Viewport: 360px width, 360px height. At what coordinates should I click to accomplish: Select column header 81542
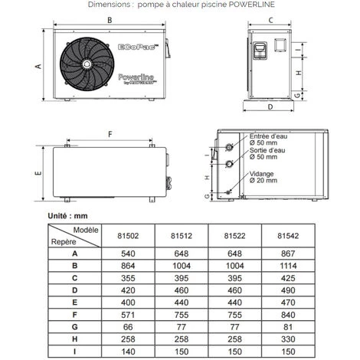click(287, 235)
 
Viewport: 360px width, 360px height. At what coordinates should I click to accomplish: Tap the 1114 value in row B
click(287, 264)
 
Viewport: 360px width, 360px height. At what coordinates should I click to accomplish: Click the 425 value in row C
click(287, 277)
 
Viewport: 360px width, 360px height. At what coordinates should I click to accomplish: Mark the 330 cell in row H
click(287, 339)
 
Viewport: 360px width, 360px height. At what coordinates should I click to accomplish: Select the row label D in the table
click(74, 290)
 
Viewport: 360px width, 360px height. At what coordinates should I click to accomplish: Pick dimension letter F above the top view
click(110, 133)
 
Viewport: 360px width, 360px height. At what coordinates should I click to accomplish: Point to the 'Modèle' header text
click(85, 230)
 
